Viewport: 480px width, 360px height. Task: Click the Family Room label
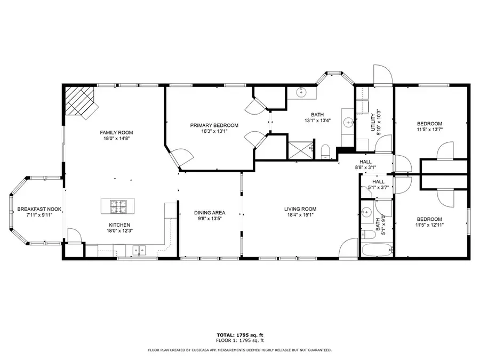(x=116, y=132)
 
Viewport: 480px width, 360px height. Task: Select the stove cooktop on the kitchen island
(x=117, y=205)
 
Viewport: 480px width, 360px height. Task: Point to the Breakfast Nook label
(x=39, y=209)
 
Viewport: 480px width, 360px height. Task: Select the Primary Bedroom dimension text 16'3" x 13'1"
(x=214, y=131)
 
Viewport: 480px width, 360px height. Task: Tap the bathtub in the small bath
(x=377, y=250)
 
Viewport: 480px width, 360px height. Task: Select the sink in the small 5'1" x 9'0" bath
(x=366, y=212)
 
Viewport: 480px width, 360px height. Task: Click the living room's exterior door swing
(x=348, y=247)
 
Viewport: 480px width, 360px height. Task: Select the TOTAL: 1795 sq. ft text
(x=239, y=335)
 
